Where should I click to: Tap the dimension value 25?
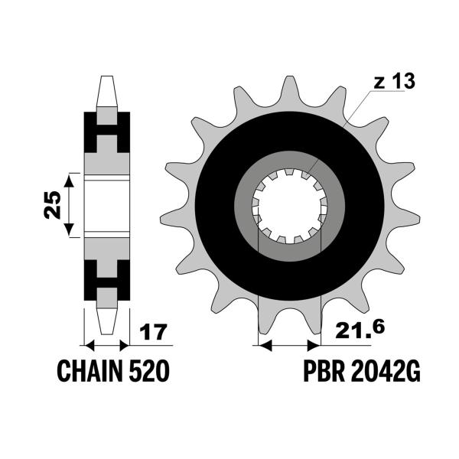click(52, 204)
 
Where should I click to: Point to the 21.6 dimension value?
click(356, 330)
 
